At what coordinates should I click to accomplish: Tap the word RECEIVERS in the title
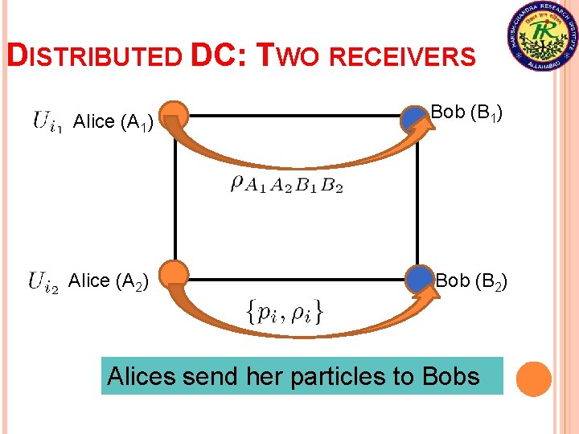coord(402,56)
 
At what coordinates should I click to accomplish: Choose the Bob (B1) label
coord(467,113)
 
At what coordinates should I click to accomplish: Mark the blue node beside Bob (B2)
coord(419,279)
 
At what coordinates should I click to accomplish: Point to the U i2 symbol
coord(43,281)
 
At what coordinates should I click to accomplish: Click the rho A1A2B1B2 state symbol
coord(286,184)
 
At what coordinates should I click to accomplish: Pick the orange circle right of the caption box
coord(532,379)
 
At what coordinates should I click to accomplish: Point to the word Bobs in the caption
coord(450,376)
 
